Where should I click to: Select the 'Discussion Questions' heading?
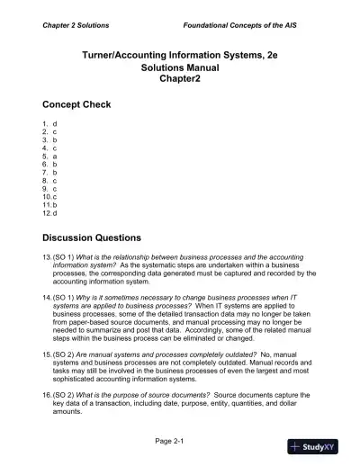(x=92, y=238)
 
